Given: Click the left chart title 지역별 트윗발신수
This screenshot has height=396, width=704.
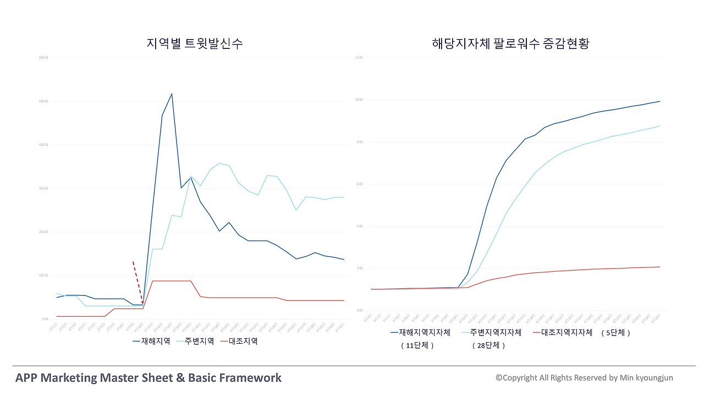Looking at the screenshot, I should pos(195,43).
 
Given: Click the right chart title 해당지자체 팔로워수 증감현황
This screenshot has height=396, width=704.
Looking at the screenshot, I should pos(511,43).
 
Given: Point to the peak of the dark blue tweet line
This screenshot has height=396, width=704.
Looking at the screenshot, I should pos(172,94).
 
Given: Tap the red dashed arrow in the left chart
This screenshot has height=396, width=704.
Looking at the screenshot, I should pos(137,282).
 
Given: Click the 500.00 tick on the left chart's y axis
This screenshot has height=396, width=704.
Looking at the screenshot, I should pos(43,101).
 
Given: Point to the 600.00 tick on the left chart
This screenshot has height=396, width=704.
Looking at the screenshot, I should pos(43,58).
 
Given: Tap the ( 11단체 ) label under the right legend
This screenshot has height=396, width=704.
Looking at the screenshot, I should pos(417,345).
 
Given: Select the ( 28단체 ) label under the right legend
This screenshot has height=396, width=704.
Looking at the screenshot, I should pos(488,345).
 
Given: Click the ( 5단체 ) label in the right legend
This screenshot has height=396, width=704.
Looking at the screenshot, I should pos(615,333).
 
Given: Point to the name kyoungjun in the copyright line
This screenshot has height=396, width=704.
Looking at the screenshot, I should pos(654,378).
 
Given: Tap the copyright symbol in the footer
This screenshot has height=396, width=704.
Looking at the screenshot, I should pos(499,378).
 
